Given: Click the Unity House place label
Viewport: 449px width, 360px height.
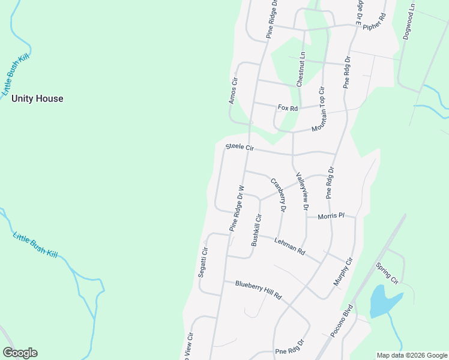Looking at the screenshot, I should [37, 98].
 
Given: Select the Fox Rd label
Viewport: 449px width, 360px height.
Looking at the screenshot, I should [288, 108].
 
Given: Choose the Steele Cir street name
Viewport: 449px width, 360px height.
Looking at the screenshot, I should [240, 147].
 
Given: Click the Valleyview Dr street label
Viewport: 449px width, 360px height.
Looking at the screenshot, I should [301, 191].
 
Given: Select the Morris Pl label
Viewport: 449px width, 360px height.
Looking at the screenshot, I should [331, 216].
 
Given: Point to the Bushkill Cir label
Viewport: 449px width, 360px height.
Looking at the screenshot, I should [257, 230].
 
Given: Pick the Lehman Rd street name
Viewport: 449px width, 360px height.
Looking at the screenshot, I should [290, 244].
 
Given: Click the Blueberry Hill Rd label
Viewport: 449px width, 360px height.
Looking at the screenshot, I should [258, 290].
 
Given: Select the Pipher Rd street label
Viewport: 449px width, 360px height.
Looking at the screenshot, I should [377, 23].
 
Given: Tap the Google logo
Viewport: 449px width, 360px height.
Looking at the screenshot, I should [20, 353].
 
